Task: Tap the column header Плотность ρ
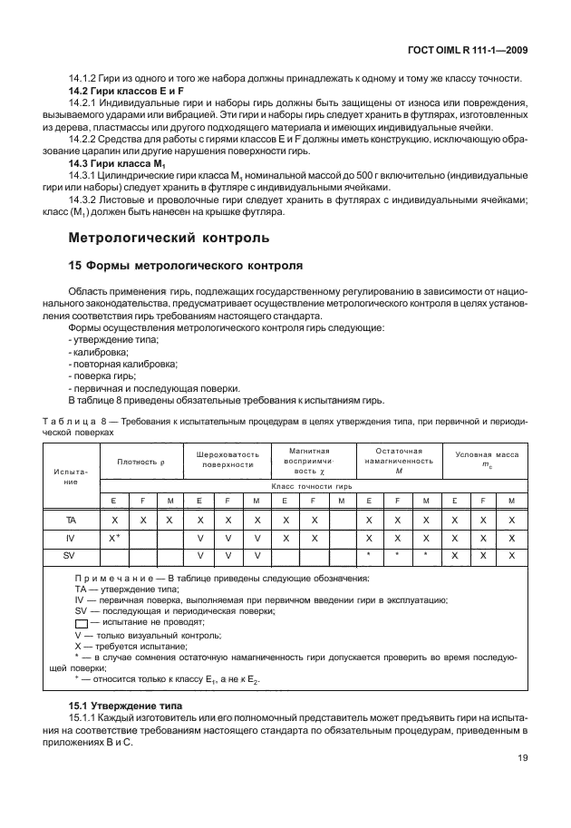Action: tap(141, 462)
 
